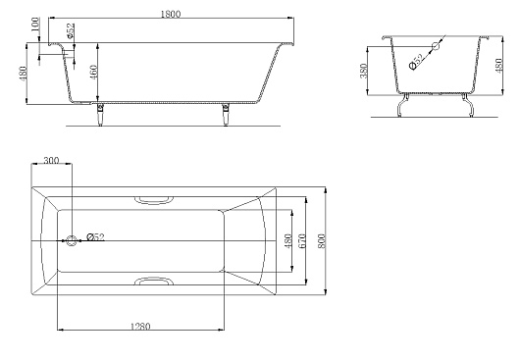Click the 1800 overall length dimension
[171, 14]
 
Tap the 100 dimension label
[35, 25]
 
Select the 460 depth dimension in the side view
[93, 73]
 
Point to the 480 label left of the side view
[23, 75]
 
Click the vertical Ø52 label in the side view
[71, 30]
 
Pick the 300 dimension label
[51, 161]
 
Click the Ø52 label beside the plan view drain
[95, 236]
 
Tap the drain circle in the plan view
[72, 240]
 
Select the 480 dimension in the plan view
[288, 241]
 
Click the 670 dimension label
[302, 241]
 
